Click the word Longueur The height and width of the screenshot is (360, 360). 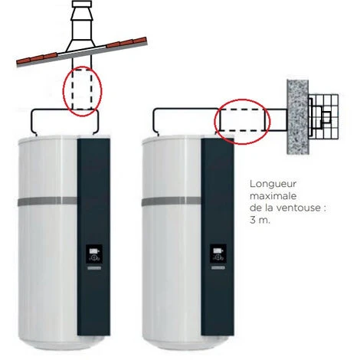click(x=273, y=185)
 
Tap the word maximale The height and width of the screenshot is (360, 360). click(x=273, y=196)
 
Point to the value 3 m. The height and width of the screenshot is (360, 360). click(x=260, y=220)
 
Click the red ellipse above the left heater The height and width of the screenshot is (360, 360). click(x=63, y=90)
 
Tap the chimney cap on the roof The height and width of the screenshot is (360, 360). click(x=82, y=4)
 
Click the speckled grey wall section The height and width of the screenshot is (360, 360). click(x=298, y=117)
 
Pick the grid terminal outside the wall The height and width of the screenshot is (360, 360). click(x=323, y=116)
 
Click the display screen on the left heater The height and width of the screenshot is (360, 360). click(x=94, y=254)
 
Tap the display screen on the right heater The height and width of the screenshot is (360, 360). click(x=218, y=254)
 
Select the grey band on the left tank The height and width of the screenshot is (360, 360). click(x=47, y=201)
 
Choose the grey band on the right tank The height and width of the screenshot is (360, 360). click(x=172, y=201)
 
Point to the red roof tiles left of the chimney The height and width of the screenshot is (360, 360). click(x=37, y=58)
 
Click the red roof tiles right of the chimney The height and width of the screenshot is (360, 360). click(x=126, y=42)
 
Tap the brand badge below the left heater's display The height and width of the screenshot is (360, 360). click(x=94, y=268)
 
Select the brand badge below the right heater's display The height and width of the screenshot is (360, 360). click(x=218, y=268)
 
